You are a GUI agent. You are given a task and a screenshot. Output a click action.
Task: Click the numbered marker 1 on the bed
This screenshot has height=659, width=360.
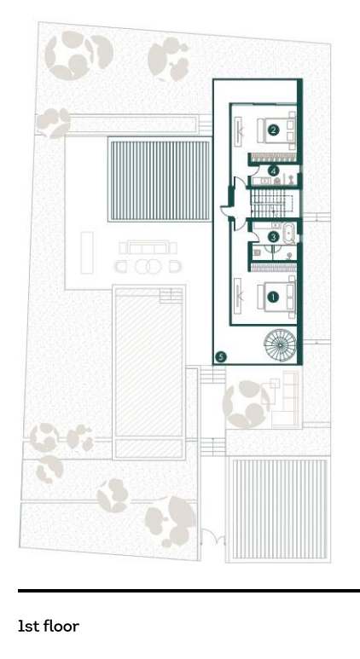point(273,298)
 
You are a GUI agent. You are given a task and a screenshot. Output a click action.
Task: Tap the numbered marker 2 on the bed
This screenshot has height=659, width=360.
point(273,130)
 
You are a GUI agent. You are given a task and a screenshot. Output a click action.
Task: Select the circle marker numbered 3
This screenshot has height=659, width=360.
point(273,238)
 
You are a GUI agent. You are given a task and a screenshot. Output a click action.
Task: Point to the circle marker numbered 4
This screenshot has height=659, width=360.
point(273,171)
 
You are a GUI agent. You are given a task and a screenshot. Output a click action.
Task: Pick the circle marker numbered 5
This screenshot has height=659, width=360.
point(220,357)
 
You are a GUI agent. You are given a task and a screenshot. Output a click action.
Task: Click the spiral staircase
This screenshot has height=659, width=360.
point(280,344)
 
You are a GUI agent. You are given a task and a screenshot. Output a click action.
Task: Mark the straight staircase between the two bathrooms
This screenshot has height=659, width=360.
point(270,204)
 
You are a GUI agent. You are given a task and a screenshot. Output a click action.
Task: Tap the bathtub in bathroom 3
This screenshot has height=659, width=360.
point(290,234)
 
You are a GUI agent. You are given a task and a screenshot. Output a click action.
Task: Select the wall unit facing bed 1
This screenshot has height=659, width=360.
point(238,296)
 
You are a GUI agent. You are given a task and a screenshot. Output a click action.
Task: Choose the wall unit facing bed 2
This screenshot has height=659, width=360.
point(238,129)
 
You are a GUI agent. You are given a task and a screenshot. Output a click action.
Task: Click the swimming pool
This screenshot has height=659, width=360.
point(149,372)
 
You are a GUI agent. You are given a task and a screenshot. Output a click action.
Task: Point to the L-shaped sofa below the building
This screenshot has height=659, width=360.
point(286,399)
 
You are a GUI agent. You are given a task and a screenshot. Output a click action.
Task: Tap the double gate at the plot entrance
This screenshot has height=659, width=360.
point(212,538)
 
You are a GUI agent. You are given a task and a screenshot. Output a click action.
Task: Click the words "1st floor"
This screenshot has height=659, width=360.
point(49,627)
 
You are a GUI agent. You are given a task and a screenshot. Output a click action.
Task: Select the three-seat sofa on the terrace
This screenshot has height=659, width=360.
point(148,247)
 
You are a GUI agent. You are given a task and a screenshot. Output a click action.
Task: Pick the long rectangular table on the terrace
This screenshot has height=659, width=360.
point(87,252)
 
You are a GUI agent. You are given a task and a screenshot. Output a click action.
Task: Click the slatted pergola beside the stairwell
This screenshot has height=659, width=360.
point(160,180)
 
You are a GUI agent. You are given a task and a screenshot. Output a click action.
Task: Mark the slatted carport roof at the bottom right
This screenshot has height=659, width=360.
point(280,509)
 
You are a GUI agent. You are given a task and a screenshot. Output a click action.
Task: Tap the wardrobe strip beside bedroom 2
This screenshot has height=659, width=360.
point(275,158)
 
